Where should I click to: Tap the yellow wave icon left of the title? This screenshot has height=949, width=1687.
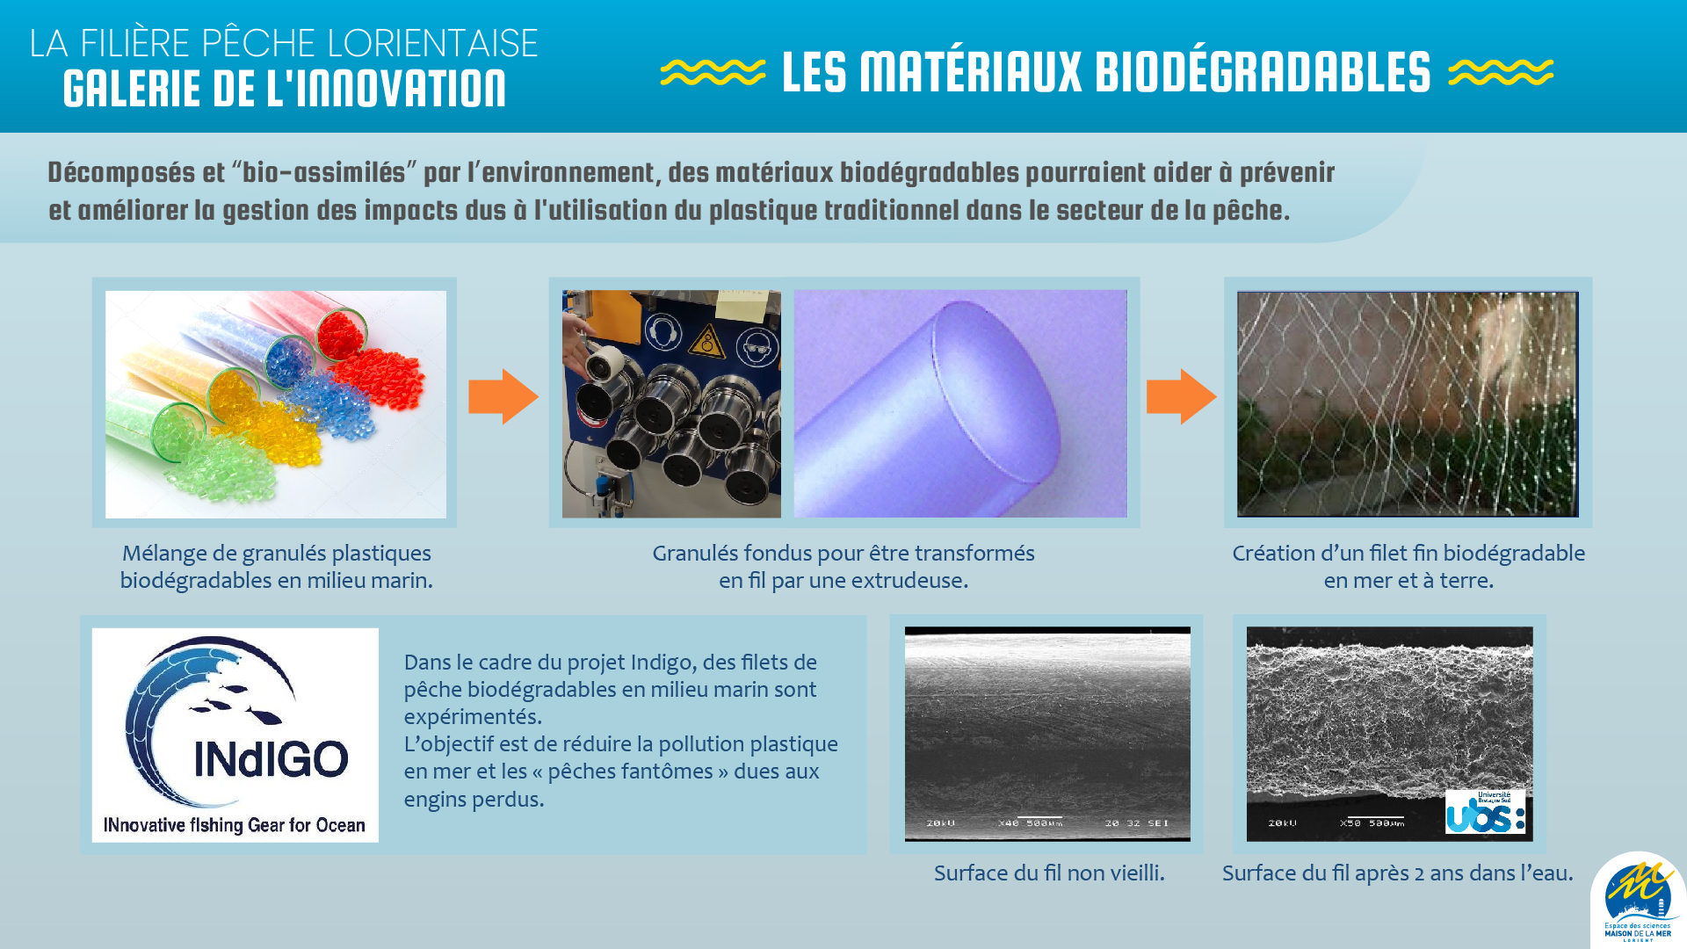[x=713, y=73]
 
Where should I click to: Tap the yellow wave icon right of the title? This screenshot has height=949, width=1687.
[x=1501, y=73]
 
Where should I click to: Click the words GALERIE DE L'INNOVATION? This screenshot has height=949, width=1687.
[x=285, y=89]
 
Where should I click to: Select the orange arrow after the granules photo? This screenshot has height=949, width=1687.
[x=503, y=396]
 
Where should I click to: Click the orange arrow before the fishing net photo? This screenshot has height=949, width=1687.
[x=1181, y=396]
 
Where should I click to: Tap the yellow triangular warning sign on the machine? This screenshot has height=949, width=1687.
[x=706, y=342]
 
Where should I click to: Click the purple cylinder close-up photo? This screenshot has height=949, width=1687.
[x=960, y=403]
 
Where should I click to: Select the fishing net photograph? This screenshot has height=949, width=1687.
[x=1408, y=404]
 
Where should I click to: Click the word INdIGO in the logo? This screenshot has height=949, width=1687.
[x=271, y=759]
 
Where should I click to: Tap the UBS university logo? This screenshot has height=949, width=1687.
[x=1486, y=812]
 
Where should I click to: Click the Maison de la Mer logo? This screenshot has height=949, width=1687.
[x=1639, y=900]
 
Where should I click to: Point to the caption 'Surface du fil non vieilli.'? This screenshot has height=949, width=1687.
[x=1049, y=873]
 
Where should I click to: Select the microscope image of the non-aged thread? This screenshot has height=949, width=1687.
[x=1047, y=734]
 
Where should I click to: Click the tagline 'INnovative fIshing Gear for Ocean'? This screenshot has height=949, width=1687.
[x=235, y=825]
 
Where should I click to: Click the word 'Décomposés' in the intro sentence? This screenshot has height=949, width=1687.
[x=121, y=173]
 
